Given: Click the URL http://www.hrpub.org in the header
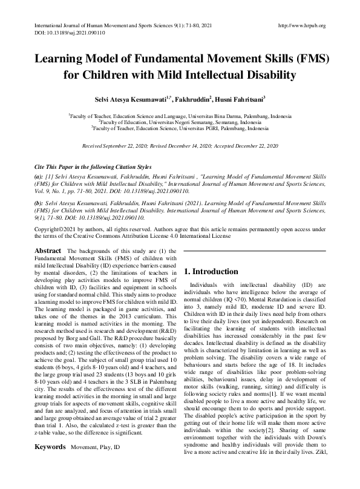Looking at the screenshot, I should pyautogui.click(x=301, y=26).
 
